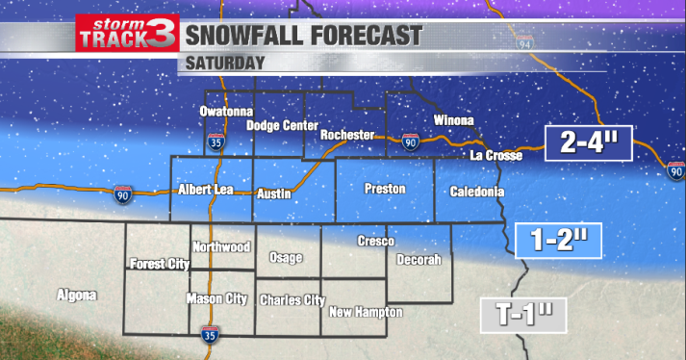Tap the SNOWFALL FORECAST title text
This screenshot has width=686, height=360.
pyautogui.click(x=303, y=37)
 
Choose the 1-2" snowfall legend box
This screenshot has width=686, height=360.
pyautogui.click(x=559, y=240)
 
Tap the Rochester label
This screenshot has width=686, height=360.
pyautogui.click(x=346, y=135)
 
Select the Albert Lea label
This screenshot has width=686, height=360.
pyautogui.click(x=207, y=191)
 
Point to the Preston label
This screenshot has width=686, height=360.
pyautogui.click(x=385, y=189)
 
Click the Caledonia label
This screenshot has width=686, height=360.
pyautogui.click(x=476, y=192)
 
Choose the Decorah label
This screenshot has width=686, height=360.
pyautogui.click(x=419, y=260)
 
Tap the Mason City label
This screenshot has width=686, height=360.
pyautogui.click(x=216, y=298)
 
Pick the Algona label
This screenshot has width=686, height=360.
pyautogui.click(x=77, y=295)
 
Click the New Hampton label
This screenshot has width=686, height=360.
pyautogui.click(x=366, y=313)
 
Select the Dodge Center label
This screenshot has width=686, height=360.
pyautogui.click(x=282, y=125)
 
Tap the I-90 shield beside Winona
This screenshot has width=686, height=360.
pyautogui.click(x=411, y=142)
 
